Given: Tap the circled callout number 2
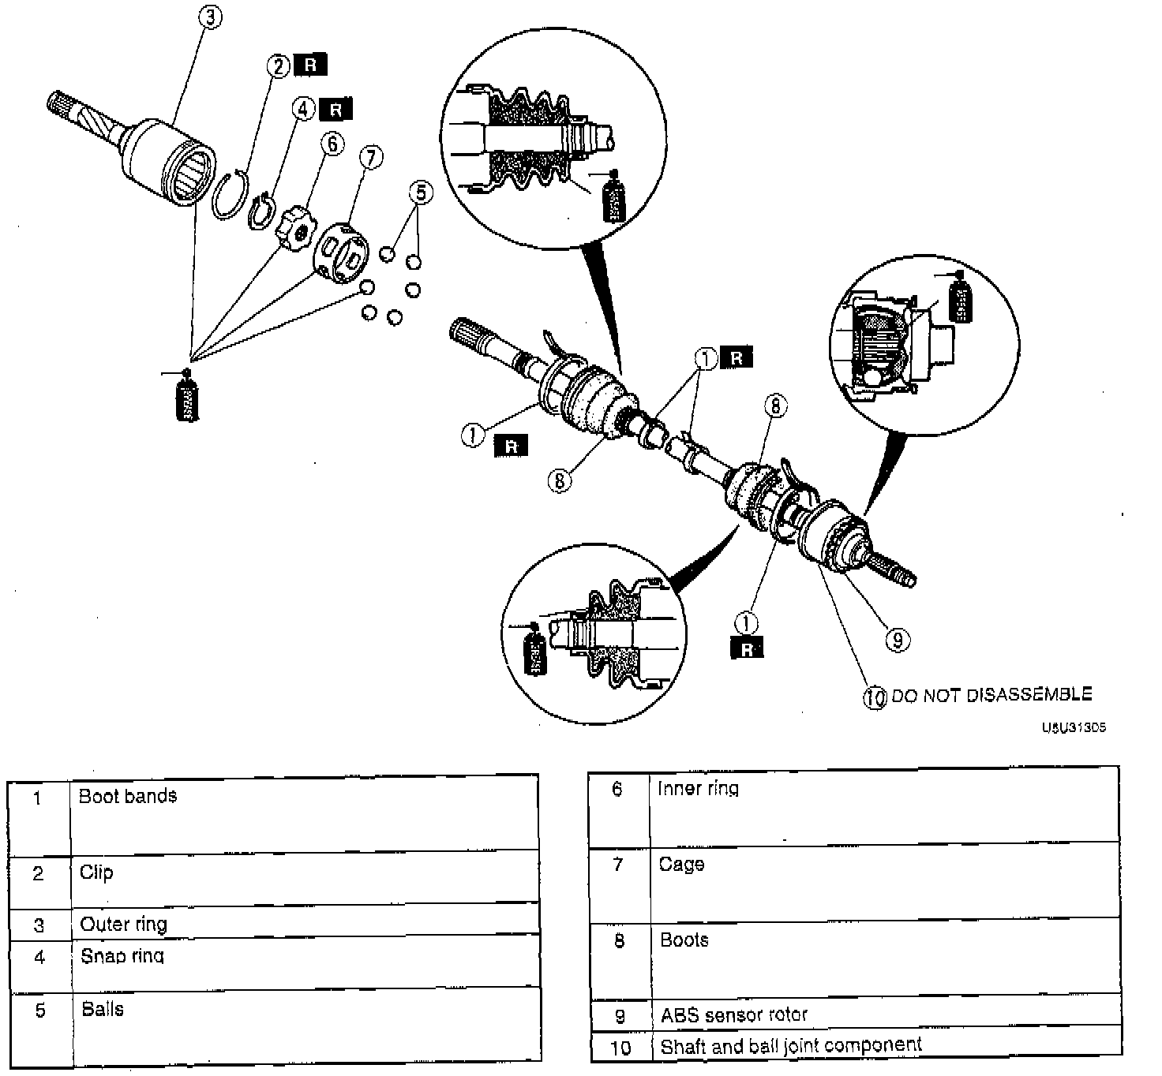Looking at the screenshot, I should click(x=278, y=66).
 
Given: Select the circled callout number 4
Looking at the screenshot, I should click(x=304, y=109).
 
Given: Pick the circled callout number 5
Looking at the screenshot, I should click(x=421, y=192).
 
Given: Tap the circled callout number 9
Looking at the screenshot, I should click(x=897, y=640).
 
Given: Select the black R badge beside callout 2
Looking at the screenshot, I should click(x=310, y=65).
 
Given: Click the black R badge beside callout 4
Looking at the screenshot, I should click(x=337, y=109).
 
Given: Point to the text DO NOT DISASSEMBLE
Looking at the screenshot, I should click(x=991, y=695).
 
